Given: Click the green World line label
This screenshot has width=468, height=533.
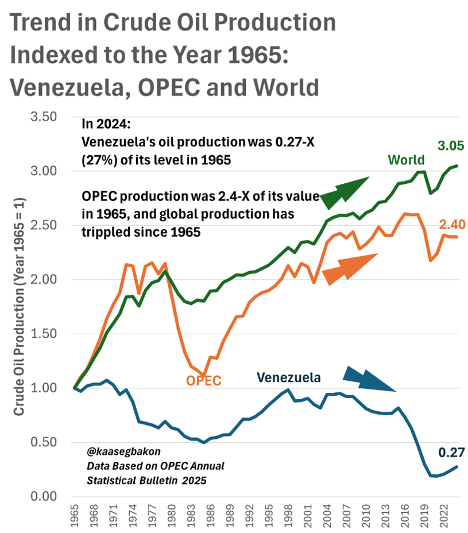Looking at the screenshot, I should pyautogui.click(x=406, y=160).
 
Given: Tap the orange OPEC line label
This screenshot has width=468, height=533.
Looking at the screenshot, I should pyautogui.click(x=203, y=380).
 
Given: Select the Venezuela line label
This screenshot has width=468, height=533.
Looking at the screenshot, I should pyautogui.click(x=288, y=377).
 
